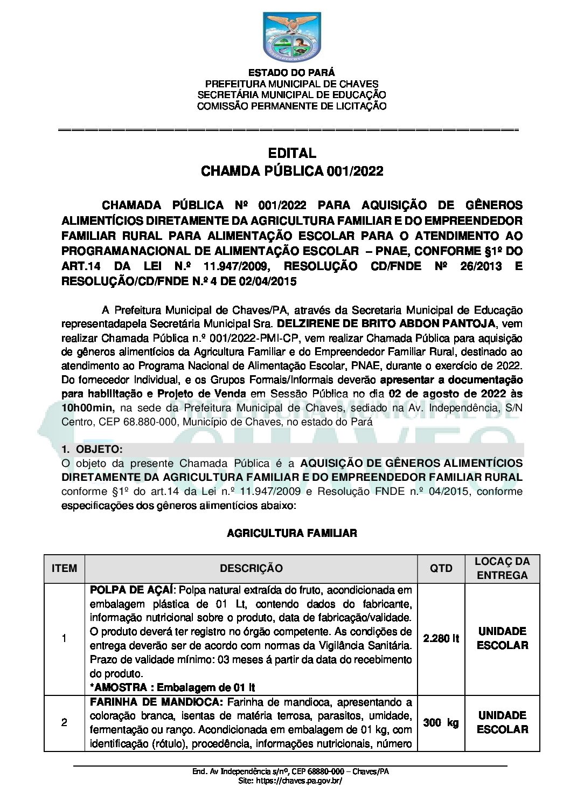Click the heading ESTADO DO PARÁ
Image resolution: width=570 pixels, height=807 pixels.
291,73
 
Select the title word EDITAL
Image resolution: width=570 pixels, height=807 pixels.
291,154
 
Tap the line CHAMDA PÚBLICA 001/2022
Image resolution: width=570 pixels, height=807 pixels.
291,171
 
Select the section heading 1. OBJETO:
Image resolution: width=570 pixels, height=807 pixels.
92,450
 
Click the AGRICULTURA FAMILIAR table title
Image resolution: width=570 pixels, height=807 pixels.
291,533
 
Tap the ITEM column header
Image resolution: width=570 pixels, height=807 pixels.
64,568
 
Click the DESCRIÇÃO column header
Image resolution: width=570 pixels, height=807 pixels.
251,568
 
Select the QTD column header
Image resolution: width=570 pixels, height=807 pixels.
441,568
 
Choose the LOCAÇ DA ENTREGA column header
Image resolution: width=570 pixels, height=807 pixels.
502,568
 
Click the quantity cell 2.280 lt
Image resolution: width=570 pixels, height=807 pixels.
441,639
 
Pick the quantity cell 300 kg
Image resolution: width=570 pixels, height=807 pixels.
441,722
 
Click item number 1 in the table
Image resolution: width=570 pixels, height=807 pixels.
64,639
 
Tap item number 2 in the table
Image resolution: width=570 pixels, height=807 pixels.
64,722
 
